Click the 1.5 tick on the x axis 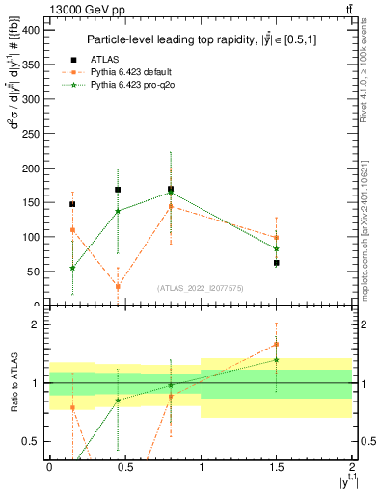point(276,467)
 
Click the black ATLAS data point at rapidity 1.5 point(277,262)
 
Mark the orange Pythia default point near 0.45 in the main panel point(118,286)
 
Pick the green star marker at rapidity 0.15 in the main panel point(72,268)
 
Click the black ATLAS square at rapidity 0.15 point(72,204)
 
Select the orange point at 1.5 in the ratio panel point(277,344)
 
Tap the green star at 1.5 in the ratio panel point(277,360)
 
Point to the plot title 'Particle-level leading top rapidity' point(199,39)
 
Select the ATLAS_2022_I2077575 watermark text point(200,288)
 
